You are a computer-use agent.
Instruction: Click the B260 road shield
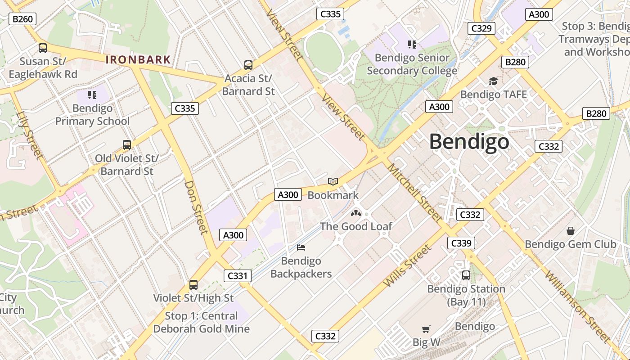(x=22, y=19)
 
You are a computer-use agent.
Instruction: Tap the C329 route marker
(x=481, y=28)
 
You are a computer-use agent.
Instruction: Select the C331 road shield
(x=237, y=275)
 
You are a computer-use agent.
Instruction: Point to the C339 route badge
(x=461, y=243)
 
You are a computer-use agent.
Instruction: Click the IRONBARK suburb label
(x=138, y=59)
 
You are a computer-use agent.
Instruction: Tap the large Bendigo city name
(x=469, y=142)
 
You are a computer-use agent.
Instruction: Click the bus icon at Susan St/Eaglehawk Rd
(x=43, y=48)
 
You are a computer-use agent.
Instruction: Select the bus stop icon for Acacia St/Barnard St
(x=248, y=65)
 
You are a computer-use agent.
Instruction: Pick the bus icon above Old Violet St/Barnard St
(x=127, y=144)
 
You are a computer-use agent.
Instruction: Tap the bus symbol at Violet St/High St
(x=193, y=284)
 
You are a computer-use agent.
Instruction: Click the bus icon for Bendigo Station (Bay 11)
(x=466, y=275)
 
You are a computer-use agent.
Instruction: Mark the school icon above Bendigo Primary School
(x=92, y=94)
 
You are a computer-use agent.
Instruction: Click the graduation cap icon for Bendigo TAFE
(x=493, y=81)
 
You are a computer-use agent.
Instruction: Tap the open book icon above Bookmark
(x=333, y=181)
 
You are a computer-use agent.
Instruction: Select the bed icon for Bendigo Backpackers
(x=301, y=247)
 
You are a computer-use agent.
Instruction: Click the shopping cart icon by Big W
(x=426, y=329)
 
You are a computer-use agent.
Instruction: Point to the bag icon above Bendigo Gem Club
(x=571, y=231)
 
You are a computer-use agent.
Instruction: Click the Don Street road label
(x=197, y=207)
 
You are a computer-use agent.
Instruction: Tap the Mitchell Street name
(x=414, y=193)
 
